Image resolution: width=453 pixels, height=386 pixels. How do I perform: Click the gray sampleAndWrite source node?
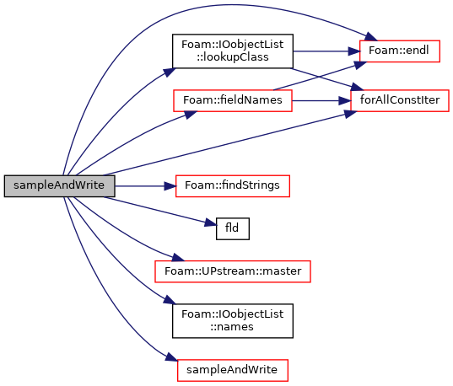coord(60,186)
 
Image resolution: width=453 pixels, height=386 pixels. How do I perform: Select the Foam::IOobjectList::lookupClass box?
coord(233,51)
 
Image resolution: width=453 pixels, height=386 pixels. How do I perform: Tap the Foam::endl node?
coord(400,51)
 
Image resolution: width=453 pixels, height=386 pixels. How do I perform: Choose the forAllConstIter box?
coord(400,100)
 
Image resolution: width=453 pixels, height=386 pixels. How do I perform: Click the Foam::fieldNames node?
coord(233,100)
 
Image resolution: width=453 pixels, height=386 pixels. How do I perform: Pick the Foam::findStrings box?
coord(233,186)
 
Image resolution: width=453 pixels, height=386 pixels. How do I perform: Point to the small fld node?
coord(233,228)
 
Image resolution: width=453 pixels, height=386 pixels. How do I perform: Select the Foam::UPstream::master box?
coord(233,271)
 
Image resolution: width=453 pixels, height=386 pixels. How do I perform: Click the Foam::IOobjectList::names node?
coord(233,321)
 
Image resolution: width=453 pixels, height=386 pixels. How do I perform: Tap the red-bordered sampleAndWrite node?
coord(233,370)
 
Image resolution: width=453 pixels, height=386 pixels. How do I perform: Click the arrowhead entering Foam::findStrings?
coord(170,186)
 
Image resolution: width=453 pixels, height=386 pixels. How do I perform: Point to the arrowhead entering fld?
coord(211,223)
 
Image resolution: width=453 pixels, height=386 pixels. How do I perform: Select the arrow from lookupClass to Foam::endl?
coord(326,51)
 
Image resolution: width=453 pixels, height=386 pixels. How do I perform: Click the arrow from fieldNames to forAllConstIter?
coord(321,101)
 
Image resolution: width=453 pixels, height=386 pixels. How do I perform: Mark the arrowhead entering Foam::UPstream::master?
coord(178,257)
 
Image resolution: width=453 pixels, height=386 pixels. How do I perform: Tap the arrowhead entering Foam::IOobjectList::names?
coord(170,300)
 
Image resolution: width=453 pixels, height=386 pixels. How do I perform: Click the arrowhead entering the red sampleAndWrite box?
coord(171,357)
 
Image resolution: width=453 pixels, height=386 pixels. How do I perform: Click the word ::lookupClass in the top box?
coord(233,57)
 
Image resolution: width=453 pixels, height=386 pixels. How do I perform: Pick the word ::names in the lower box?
coord(232,327)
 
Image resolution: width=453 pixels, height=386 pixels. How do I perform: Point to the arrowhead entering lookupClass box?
coord(170,72)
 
